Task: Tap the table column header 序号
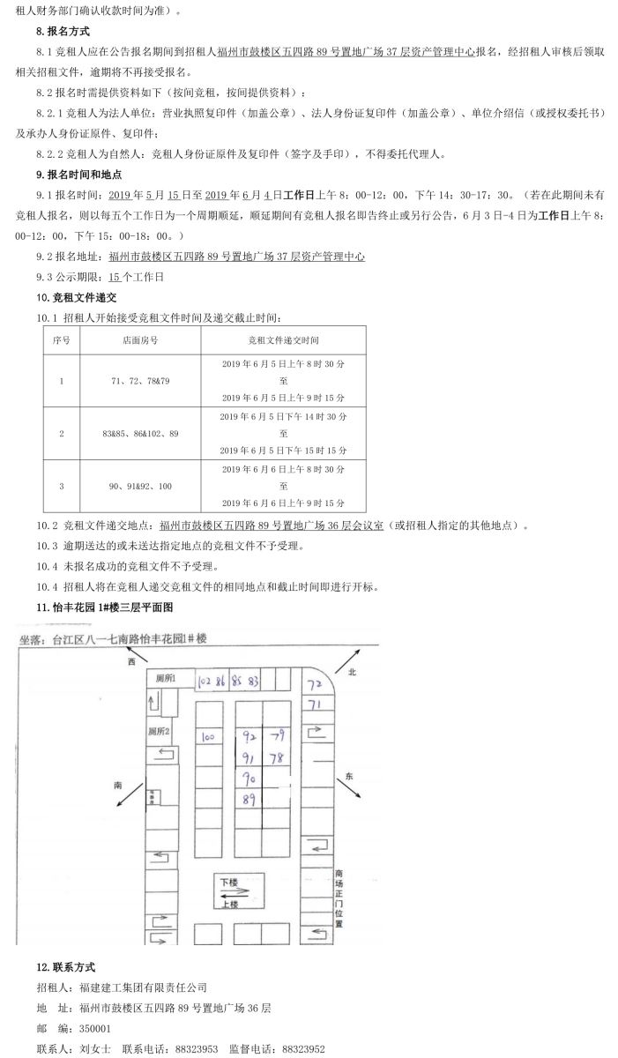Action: (61, 339)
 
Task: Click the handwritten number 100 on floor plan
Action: (210, 736)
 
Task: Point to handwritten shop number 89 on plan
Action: (249, 800)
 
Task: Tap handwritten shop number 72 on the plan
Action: (314, 684)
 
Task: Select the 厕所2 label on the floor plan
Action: (160, 731)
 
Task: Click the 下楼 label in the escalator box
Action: (229, 882)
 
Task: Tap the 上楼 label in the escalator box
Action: (229, 904)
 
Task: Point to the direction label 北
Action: (351, 672)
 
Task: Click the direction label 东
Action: (349, 776)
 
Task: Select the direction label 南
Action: (118, 783)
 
